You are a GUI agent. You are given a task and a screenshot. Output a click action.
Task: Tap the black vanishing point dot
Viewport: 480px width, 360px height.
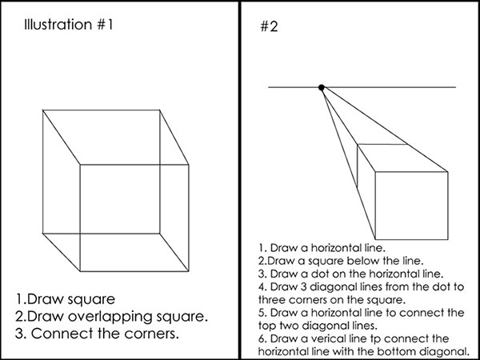click(x=322, y=87)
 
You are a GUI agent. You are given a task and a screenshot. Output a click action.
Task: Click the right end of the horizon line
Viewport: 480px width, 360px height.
click(x=456, y=87)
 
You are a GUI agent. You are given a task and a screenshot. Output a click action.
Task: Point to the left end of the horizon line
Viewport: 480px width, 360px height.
click(x=269, y=87)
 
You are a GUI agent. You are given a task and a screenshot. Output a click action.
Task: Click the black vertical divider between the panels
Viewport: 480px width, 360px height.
click(x=241, y=180)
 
